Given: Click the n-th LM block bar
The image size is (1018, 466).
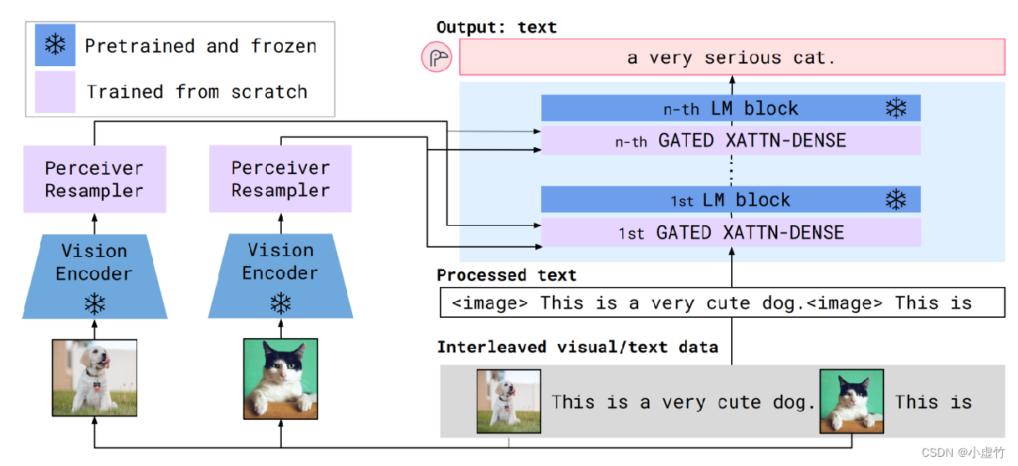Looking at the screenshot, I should tap(730, 108).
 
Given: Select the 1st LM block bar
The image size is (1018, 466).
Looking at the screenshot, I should tap(730, 200).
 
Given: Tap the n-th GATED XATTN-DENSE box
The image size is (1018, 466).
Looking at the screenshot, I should tap(730, 141).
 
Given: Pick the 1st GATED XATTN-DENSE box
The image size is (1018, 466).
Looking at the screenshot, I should tap(730, 233).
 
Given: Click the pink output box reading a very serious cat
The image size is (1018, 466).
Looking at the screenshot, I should tap(731, 58).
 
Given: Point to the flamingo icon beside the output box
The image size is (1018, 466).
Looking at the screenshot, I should tap(437, 59).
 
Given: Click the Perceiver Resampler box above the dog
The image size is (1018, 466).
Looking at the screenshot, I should tap(95, 179).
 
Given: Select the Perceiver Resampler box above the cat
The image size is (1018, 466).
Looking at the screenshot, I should tap(280, 179).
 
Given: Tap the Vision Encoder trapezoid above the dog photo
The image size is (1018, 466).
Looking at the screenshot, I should tap(95, 276).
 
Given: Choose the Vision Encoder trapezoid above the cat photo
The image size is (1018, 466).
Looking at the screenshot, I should tap(280, 276).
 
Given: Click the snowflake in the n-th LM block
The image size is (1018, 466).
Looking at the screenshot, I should tap(896, 108).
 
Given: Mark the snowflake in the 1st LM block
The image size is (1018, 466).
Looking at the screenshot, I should tap(896, 200).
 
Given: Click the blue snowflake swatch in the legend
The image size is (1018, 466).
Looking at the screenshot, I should tap(55, 45).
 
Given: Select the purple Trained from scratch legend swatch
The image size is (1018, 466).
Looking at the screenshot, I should tap(55, 91).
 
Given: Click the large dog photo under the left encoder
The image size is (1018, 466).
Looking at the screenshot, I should tap(95, 377).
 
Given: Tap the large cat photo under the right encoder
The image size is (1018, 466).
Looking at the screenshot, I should tap(280, 377).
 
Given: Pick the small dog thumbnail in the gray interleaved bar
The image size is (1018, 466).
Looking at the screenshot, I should tap(497, 402).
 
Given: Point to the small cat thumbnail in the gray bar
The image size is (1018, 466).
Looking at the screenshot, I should tap(851, 402).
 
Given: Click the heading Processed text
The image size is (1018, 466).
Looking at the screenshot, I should tap(506, 275).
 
